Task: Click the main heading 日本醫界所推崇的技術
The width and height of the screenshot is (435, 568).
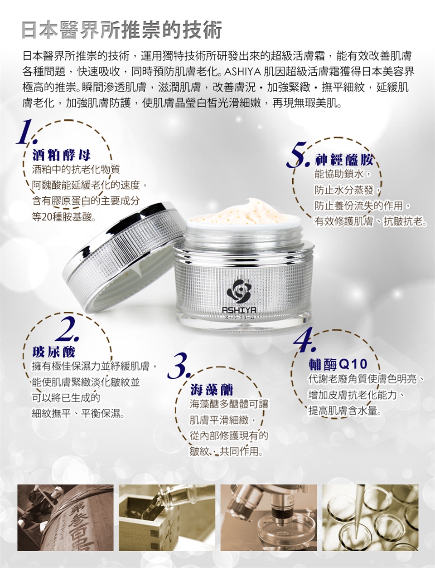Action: click(122, 30)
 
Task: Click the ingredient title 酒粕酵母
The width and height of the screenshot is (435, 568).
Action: click(62, 155)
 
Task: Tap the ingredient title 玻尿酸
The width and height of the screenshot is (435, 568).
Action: click(53, 352)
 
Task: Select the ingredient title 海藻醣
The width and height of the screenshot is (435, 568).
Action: click(212, 390)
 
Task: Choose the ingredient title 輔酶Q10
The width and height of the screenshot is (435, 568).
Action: click(338, 364)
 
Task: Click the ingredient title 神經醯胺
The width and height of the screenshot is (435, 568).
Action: click(344, 160)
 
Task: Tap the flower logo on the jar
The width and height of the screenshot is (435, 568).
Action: click(238, 291)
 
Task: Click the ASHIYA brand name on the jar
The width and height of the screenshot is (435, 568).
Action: click(239, 310)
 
